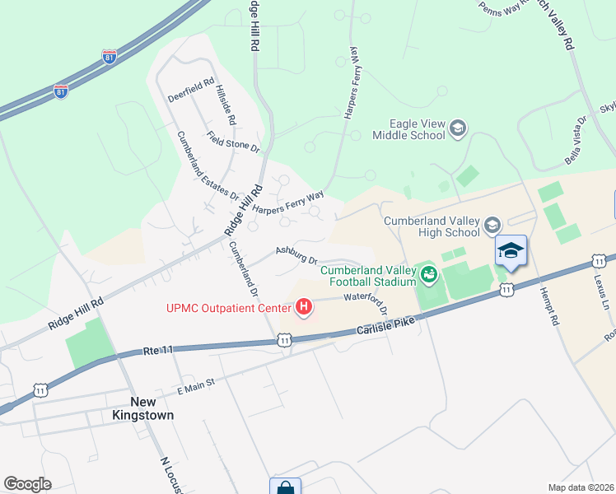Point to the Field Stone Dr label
(x=233, y=142)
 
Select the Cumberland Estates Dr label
(x=208, y=166)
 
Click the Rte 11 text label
(x=156, y=351)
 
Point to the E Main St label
(x=195, y=383)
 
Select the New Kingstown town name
(x=143, y=409)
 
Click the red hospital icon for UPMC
(x=304, y=309)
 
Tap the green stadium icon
(x=427, y=275)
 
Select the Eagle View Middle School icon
(x=459, y=128)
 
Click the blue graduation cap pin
(x=511, y=251)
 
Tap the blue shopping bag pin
(x=285, y=487)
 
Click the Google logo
(x=27, y=484)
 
